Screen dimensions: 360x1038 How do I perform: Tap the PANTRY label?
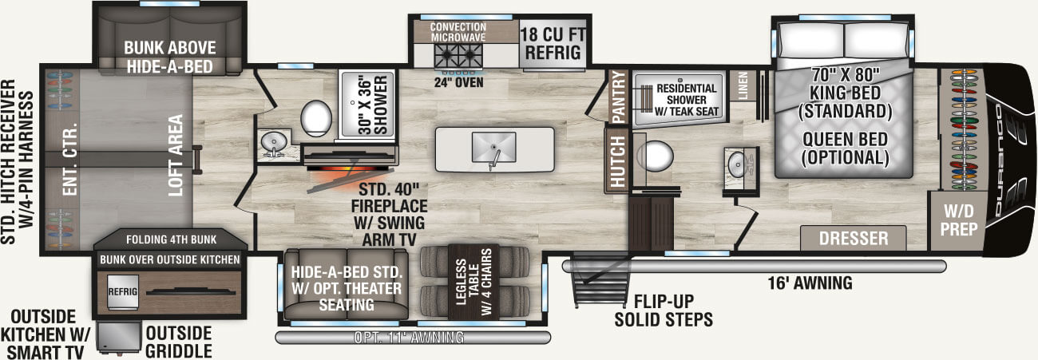coord(617,97)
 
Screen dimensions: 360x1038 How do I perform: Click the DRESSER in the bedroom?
coord(853,238)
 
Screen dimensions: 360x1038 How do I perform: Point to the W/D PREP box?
coord(957,219)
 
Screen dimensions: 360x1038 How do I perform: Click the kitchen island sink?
coord(494,148)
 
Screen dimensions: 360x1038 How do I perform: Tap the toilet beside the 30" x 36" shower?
coord(317,118)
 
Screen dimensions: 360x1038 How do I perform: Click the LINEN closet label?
coord(743,85)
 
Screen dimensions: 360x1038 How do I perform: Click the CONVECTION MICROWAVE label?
coord(458,32)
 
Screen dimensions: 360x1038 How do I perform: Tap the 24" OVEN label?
coord(458,80)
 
